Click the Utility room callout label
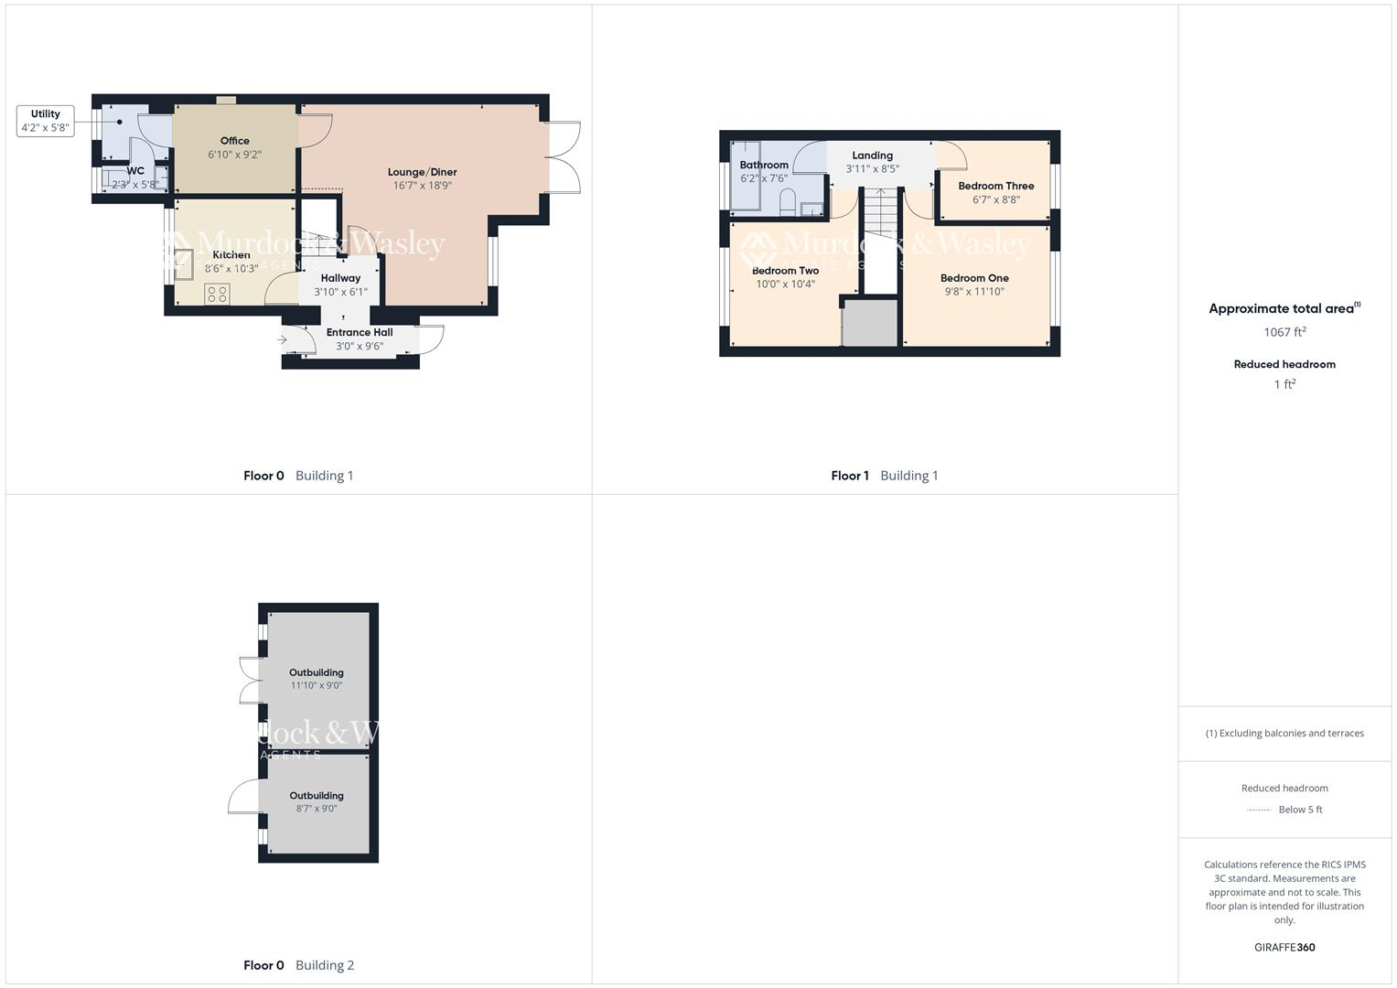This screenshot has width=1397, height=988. (45, 121)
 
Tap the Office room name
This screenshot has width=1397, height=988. (234, 141)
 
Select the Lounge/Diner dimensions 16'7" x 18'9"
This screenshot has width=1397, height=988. (422, 186)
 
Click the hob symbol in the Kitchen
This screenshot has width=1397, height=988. (218, 294)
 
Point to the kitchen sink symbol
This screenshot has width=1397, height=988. (184, 263)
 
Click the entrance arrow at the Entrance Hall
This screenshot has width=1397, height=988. (283, 339)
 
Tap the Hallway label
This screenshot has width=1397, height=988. (340, 278)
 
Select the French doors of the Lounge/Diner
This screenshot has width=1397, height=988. (564, 157)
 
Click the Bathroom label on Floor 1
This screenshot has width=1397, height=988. (764, 166)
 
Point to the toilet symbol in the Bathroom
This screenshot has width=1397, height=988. (787, 206)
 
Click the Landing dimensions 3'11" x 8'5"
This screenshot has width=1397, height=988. (872, 169)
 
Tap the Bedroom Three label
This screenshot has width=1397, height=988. (995, 186)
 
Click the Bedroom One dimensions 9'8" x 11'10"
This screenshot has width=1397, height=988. (974, 292)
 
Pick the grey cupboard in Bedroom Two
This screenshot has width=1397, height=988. (869, 323)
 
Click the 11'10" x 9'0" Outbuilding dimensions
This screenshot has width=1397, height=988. (317, 685)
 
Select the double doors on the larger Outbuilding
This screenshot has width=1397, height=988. (250, 680)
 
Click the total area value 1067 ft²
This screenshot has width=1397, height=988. (1284, 332)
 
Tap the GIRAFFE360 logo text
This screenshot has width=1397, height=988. (1284, 948)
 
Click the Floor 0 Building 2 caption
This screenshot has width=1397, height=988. (298, 965)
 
